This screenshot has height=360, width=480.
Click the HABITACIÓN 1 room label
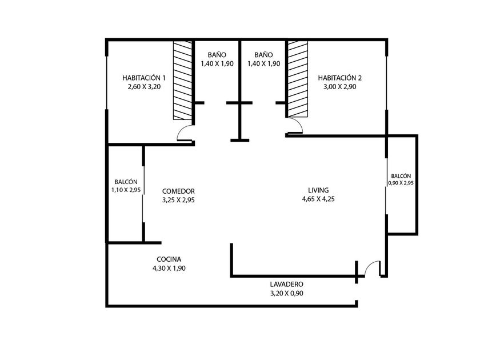(144, 78)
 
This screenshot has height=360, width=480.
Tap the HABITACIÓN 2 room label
(340, 78)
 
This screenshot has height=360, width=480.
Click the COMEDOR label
(179, 191)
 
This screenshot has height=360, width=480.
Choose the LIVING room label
(319, 190)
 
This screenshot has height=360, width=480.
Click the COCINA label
(169, 258)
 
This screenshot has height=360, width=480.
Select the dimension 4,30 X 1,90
(169, 268)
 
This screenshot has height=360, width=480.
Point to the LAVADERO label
(286, 283)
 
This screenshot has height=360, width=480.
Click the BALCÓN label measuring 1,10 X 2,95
(126, 181)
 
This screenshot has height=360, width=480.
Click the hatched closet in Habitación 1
(182, 80)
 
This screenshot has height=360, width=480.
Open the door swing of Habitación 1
(185, 134)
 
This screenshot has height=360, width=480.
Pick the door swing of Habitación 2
(295, 127)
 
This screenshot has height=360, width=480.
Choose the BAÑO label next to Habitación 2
(263, 55)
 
